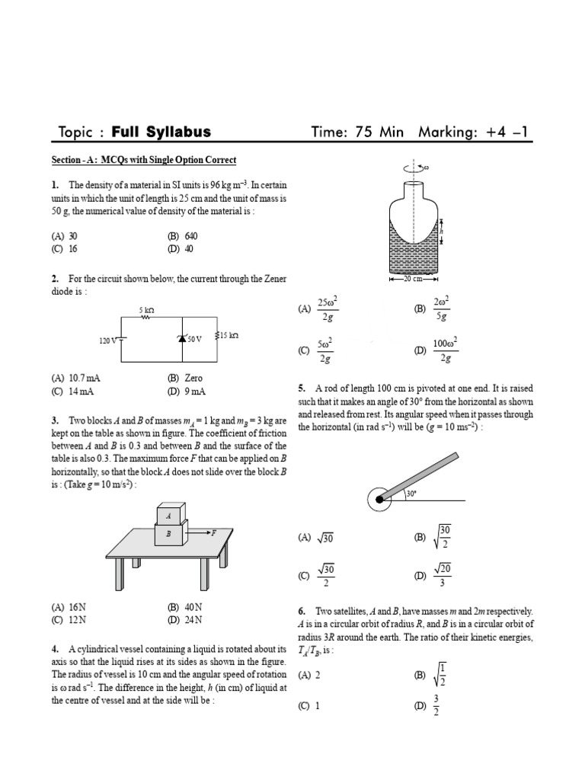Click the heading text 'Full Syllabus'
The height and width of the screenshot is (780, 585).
coord(161,133)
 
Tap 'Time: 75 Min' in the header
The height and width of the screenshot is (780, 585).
coord(357,133)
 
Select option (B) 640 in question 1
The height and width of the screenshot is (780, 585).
coord(181,236)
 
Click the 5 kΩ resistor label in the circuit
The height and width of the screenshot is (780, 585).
coord(146,311)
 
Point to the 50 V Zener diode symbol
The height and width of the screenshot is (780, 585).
coord(183,338)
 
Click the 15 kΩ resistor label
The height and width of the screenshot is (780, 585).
coord(229,335)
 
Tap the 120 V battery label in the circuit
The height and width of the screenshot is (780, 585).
coord(107,340)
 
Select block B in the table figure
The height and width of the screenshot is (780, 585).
coord(169,535)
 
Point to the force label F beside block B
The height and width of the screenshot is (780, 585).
coord(214,533)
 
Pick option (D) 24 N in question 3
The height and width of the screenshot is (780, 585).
coord(184,620)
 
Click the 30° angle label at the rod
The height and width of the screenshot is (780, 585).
coord(411,494)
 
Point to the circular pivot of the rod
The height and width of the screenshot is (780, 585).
coord(379,500)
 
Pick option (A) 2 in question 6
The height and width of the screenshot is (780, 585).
coord(309,675)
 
